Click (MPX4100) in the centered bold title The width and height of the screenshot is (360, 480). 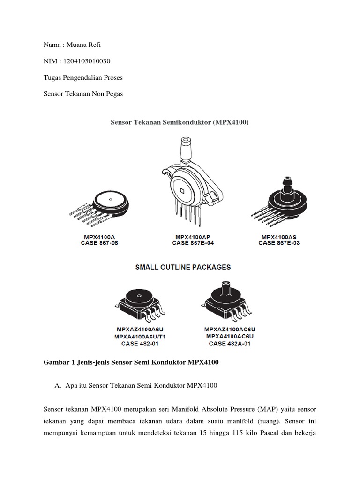231,122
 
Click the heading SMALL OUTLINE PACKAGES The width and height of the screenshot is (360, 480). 183,267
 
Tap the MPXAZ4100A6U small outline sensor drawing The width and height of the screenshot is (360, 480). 139,302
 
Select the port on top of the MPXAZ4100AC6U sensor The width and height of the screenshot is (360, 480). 226,286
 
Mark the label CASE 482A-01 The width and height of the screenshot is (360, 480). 230,344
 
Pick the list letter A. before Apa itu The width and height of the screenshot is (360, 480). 58,385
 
